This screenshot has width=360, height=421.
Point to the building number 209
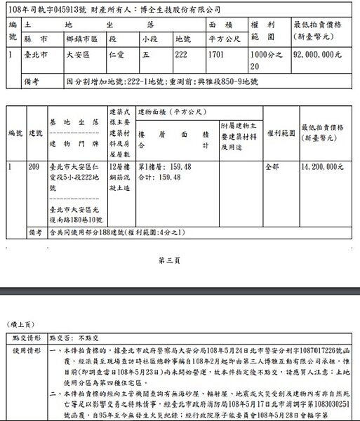click(x=34, y=167)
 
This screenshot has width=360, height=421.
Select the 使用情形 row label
click(x=25, y=349)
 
